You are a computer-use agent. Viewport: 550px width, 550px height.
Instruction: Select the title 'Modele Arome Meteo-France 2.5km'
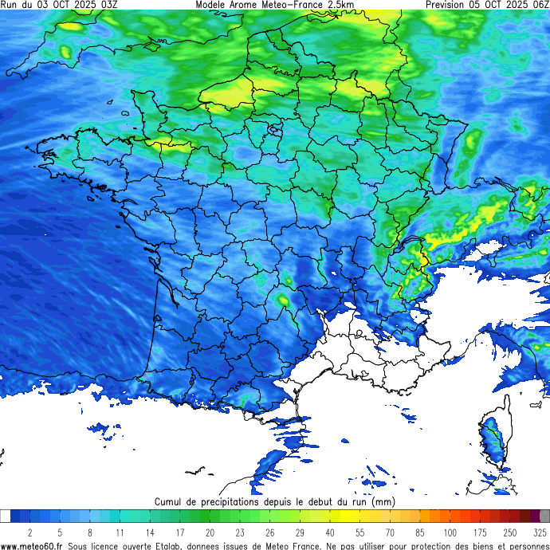[274, 5]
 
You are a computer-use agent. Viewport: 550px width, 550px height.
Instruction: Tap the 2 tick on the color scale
[29, 532]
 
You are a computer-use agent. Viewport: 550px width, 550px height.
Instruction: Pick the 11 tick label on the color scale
[120, 532]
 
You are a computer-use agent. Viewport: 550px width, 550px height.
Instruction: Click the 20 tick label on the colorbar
[210, 532]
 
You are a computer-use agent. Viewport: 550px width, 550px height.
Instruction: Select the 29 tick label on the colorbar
[300, 532]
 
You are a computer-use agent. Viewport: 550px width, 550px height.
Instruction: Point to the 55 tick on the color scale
[360, 532]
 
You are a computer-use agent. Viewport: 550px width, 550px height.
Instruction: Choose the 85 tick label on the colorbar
[420, 532]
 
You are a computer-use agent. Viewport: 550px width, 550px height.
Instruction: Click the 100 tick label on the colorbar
[450, 532]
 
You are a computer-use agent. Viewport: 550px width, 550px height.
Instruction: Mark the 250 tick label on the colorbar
[510, 532]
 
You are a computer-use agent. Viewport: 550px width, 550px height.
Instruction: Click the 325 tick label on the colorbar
[540, 532]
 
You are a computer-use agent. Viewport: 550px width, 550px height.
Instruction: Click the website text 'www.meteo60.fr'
[33, 545]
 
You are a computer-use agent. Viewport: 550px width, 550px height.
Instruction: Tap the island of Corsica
[496, 442]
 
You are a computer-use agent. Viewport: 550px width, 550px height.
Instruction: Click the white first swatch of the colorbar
[6, 517]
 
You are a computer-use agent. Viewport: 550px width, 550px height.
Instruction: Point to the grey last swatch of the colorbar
[544, 517]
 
